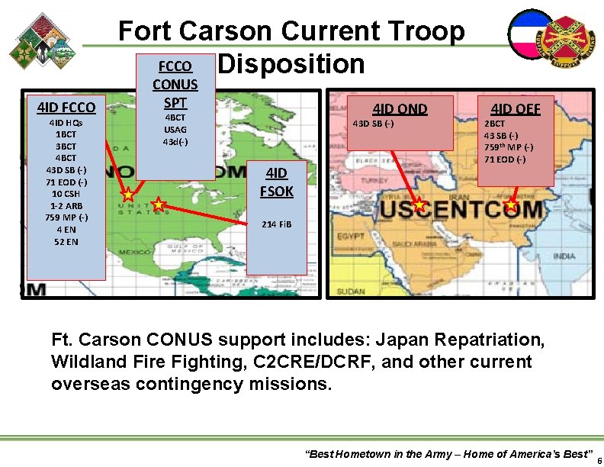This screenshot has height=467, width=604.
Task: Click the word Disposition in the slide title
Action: point(291,64)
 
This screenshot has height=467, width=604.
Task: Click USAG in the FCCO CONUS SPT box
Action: point(175,130)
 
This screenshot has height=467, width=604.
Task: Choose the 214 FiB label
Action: point(276,224)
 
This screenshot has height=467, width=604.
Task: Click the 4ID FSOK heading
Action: point(277,182)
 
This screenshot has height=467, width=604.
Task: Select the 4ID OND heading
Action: point(400,109)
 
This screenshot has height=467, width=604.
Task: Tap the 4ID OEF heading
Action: point(516,109)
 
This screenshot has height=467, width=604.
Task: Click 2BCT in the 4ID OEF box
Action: point(495,124)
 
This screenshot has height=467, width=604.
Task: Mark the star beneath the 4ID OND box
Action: point(419,205)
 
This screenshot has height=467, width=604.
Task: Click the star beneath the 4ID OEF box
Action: point(511,205)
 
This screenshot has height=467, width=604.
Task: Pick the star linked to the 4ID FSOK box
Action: point(158,204)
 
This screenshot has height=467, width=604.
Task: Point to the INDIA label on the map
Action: point(564,256)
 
